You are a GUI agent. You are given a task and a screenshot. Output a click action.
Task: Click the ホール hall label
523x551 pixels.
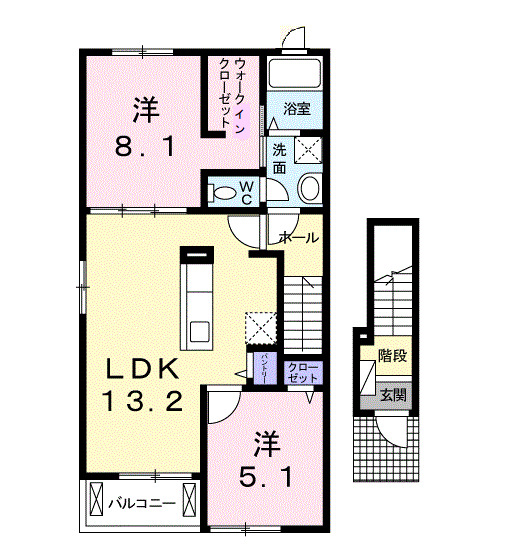(297, 238)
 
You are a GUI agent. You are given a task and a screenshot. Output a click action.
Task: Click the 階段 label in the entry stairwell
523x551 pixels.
(392, 355)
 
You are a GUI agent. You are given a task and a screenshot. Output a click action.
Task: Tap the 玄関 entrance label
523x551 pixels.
(392, 395)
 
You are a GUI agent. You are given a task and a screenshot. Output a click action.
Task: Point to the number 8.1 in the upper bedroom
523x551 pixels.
(144, 148)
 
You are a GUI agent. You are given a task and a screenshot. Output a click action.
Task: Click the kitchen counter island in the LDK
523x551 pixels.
(196, 297)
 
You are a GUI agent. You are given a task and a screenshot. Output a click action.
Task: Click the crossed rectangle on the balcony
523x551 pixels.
(95, 501)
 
